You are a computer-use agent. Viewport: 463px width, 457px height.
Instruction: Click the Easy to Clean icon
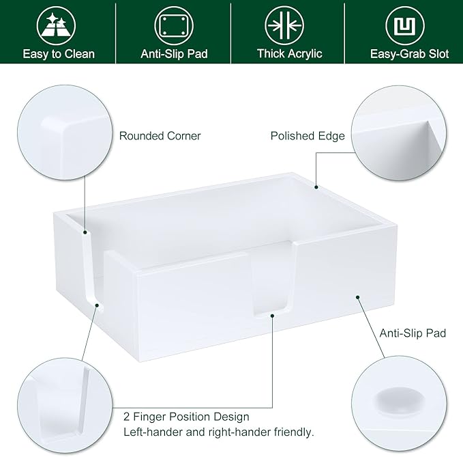point(58,26)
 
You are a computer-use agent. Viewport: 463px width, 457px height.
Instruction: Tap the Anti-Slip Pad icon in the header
point(173,26)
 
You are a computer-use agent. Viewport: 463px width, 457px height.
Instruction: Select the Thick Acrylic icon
point(289,26)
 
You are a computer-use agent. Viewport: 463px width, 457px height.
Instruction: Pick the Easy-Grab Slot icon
point(404,26)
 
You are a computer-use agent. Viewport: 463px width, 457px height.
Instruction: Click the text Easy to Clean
point(58,54)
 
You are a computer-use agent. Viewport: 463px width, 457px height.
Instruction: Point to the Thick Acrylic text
point(289,54)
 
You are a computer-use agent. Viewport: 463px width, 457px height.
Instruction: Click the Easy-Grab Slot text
point(409,54)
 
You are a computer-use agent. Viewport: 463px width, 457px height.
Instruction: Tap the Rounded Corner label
point(160,136)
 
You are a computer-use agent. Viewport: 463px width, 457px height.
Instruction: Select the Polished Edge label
point(308,136)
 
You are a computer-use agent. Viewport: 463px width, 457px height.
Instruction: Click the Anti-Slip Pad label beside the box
point(413,333)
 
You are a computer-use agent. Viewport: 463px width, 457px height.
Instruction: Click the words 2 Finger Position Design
point(186,416)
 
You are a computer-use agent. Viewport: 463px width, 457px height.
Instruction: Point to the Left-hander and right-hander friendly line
point(218,432)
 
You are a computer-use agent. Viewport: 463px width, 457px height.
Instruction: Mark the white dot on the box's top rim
point(316,186)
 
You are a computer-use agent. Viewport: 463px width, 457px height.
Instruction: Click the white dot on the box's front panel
point(357,298)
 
